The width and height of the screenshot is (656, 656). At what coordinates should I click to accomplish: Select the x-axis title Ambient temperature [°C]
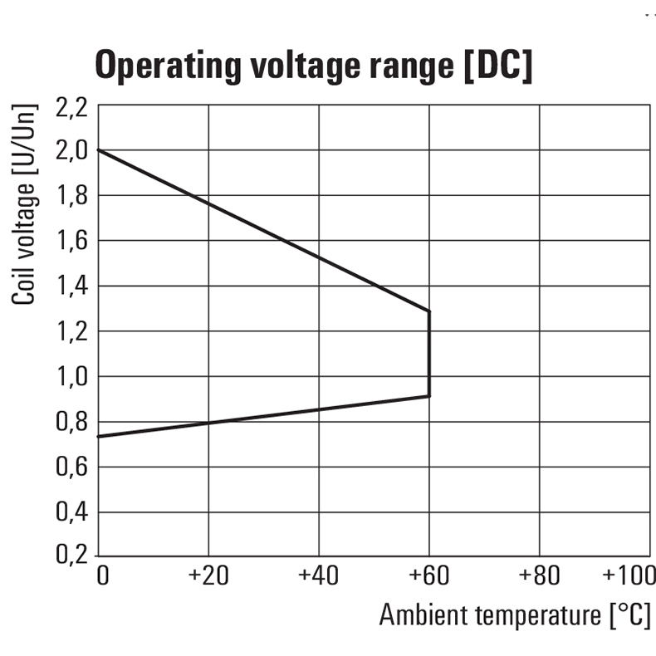[x=515, y=615]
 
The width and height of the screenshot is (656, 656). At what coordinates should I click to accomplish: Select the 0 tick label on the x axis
[x=103, y=575]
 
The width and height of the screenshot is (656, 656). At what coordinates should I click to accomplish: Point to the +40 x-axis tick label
[x=318, y=575]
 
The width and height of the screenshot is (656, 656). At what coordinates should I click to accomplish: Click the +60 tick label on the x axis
[x=428, y=575]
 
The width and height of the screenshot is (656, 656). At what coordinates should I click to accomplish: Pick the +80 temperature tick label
[x=539, y=575]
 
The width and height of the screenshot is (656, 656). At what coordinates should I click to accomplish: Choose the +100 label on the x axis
[x=629, y=575]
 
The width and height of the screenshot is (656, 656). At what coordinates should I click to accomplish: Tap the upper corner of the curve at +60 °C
[x=428, y=311]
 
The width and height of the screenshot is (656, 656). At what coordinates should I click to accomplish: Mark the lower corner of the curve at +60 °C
[x=428, y=396]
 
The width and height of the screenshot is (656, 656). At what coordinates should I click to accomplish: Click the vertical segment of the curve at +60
[x=428, y=354]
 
